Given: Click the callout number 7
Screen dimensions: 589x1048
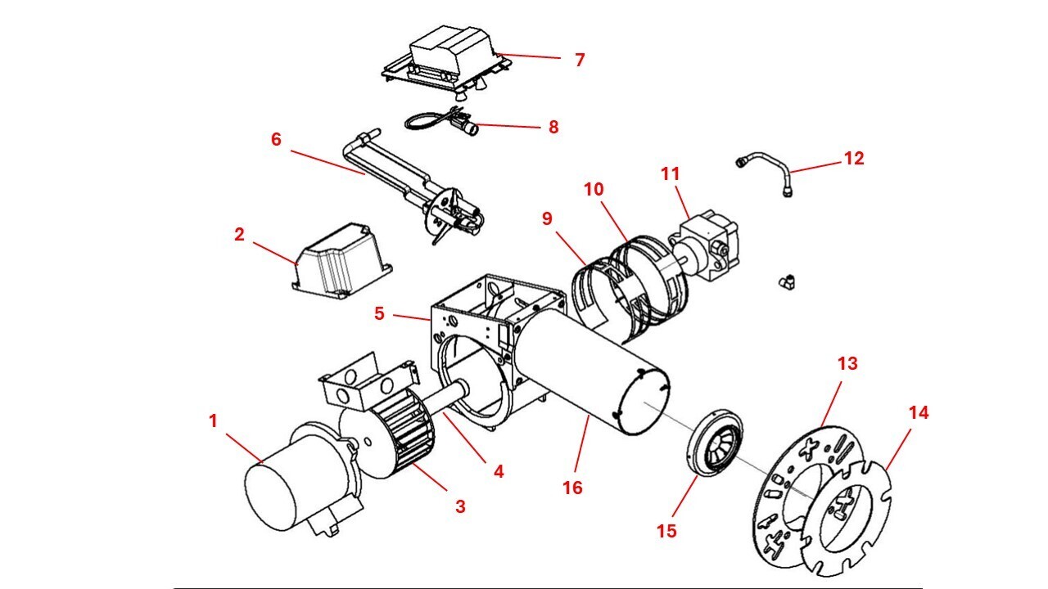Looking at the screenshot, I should tap(580, 60).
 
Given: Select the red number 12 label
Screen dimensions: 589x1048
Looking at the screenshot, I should tap(853, 158).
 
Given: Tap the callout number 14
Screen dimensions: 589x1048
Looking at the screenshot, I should tap(919, 413).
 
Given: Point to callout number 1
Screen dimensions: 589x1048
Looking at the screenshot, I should tap(214, 421).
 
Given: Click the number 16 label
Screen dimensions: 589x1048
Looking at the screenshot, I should tap(572, 488).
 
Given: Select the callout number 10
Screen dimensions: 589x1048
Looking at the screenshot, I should tap(594, 190).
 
